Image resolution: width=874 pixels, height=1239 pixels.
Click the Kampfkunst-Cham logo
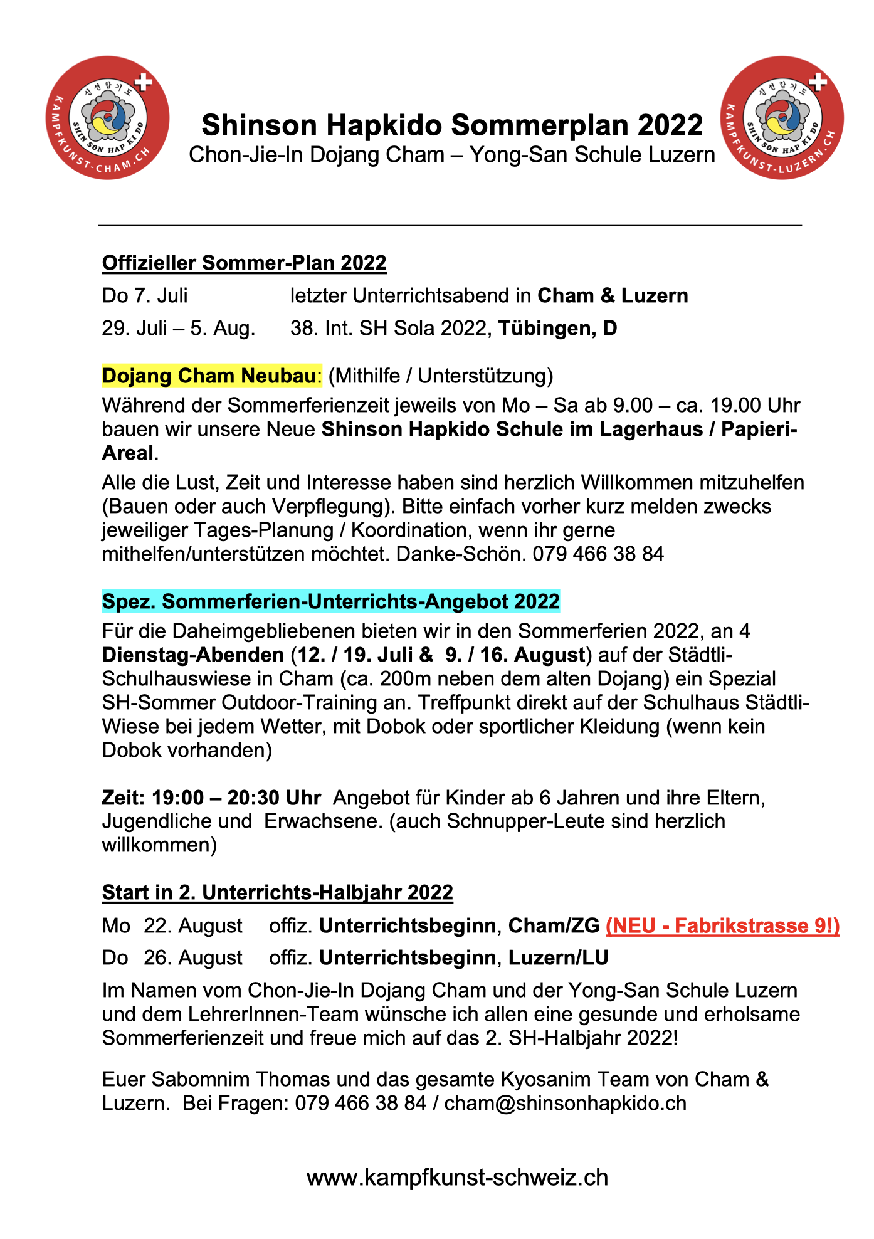[x=108, y=117]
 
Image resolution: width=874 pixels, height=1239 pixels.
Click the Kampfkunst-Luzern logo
[x=782, y=117]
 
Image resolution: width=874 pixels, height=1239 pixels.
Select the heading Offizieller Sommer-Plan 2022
[x=244, y=263]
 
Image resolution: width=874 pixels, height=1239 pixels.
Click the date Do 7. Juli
[x=145, y=295]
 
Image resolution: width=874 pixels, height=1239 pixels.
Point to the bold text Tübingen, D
[x=557, y=328]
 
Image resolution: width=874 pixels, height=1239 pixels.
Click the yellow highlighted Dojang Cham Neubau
[x=211, y=376]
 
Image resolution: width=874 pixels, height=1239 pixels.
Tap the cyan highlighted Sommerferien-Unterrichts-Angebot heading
[x=330, y=601]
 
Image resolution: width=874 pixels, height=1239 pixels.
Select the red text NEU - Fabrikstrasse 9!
[x=722, y=926]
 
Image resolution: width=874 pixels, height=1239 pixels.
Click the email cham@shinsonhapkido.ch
[x=565, y=1103]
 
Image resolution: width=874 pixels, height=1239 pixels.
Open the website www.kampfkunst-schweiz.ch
[x=457, y=1178]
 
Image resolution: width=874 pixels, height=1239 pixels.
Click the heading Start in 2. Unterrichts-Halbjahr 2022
[x=277, y=892]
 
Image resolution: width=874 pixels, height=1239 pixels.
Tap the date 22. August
[x=193, y=926]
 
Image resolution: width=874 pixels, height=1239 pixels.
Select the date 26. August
[x=193, y=958]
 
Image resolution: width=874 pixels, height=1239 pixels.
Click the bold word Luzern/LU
[x=558, y=958]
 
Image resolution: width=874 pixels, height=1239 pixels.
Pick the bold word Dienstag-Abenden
[x=193, y=655]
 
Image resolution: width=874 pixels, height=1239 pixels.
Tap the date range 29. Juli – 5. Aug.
[x=179, y=328]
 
